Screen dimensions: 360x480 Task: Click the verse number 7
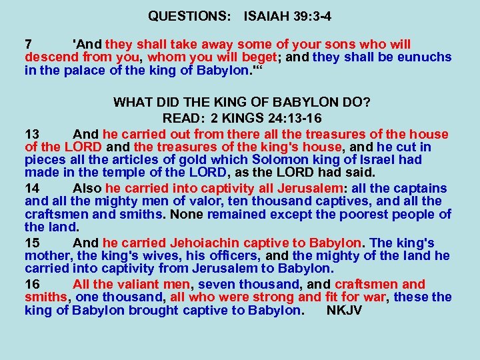pyautogui.click(x=28, y=45)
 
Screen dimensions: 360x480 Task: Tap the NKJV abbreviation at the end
pyautogui.click(x=345, y=310)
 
